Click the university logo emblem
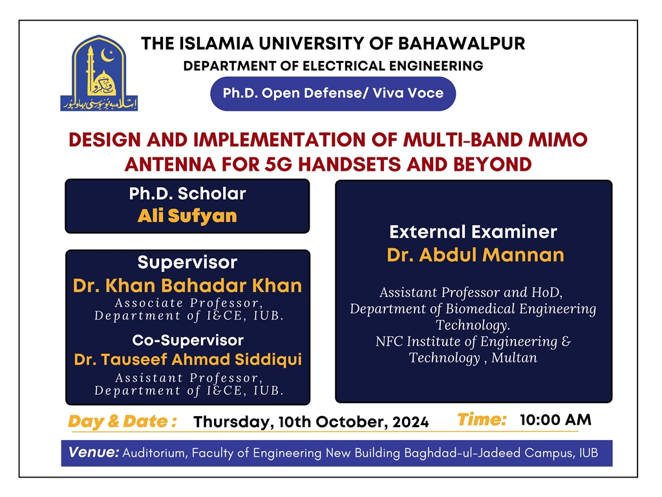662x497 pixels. click(x=99, y=73)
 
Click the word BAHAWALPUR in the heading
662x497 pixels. click(x=462, y=43)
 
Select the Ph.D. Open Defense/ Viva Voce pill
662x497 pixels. click(x=333, y=93)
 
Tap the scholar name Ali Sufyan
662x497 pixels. click(x=187, y=216)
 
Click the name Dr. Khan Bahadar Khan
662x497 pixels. click(x=187, y=285)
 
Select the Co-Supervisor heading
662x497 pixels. click(x=188, y=340)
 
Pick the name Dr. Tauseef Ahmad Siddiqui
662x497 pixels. click(x=188, y=360)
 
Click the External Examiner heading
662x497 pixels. click(x=473, y=232)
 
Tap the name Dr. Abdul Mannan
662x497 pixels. click(x=475, y=255)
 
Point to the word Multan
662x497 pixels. click(x=514, y=358)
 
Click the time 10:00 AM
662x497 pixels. click(x=555, y=419)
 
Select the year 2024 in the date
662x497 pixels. click(x=411, y=422)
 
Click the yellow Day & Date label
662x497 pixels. click(x=122, y=422)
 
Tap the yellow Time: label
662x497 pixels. click(x=482, y=419)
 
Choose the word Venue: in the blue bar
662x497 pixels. click(x=94, y=452)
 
